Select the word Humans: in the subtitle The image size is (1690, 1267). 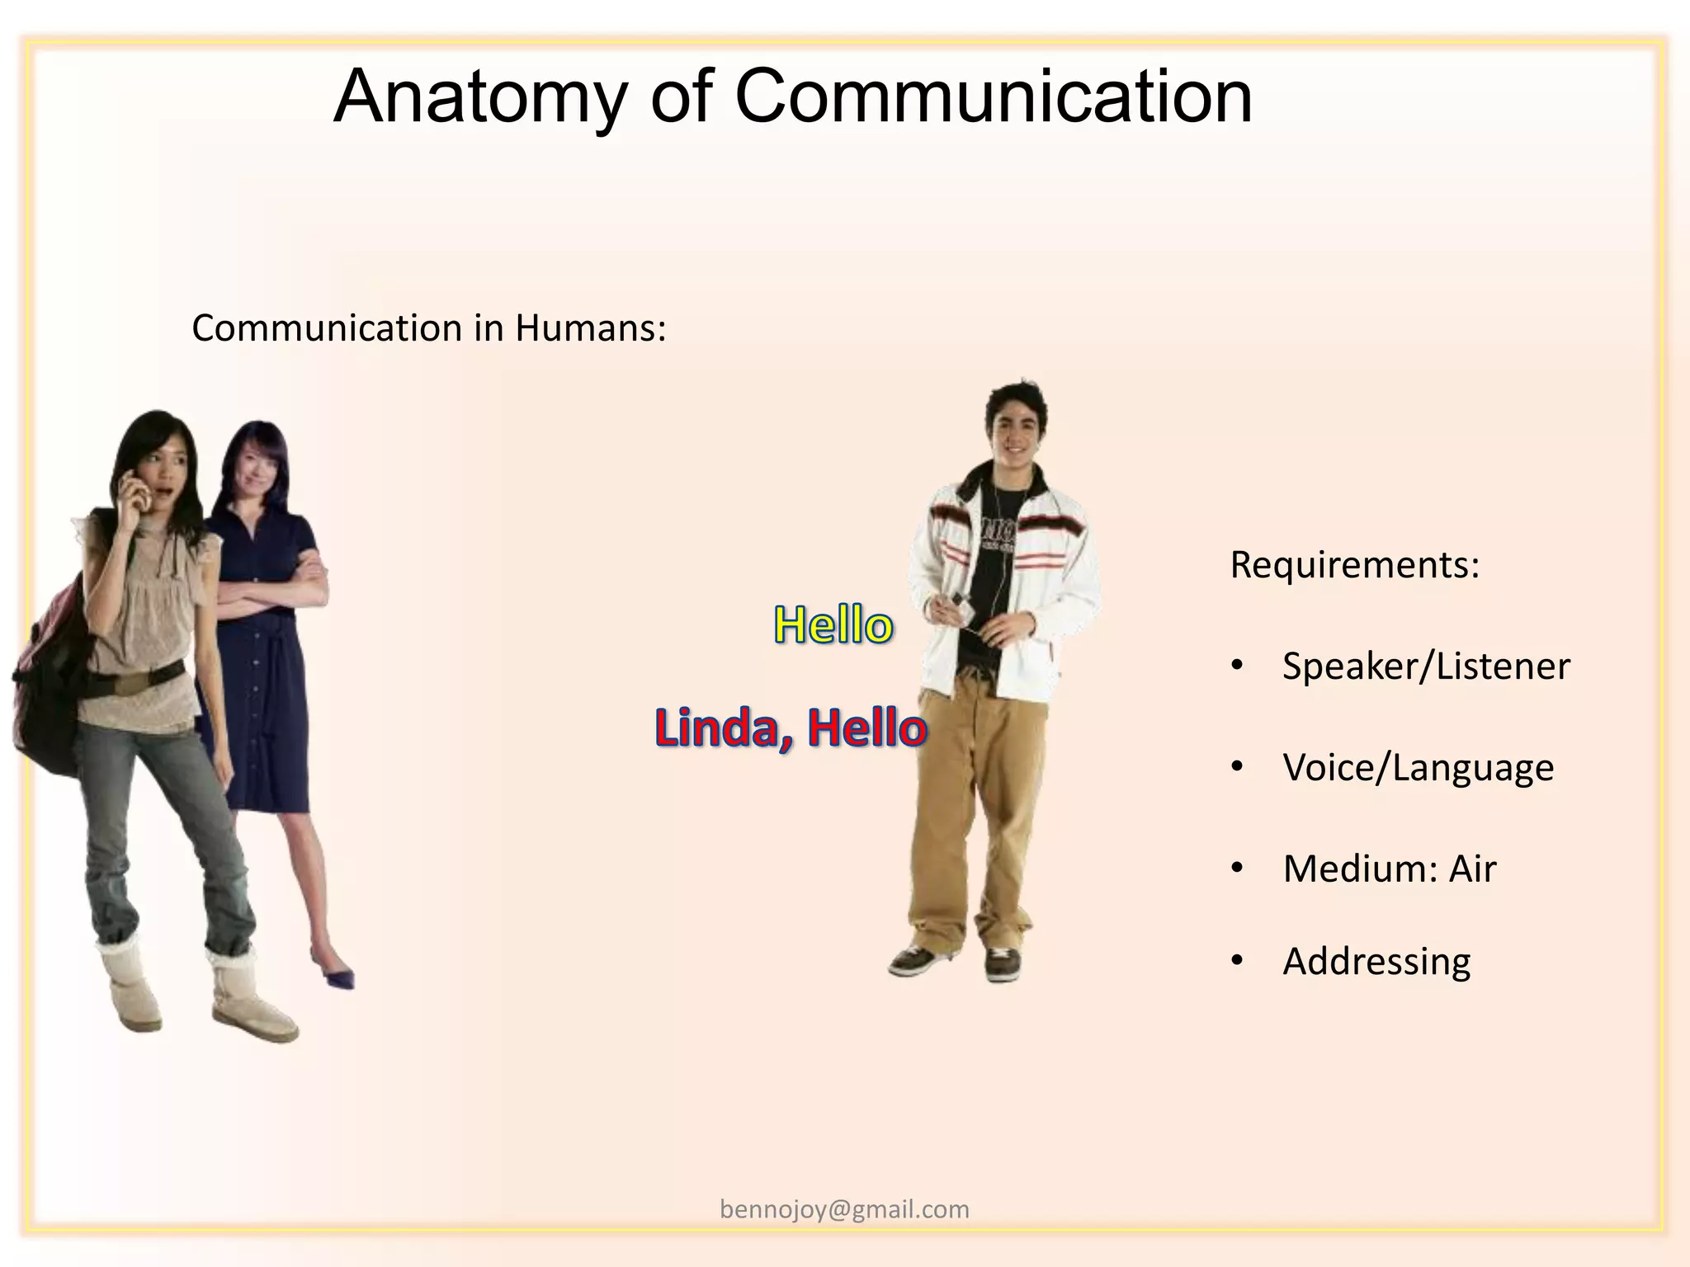coord(590,328)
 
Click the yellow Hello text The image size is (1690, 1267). coord(833,624)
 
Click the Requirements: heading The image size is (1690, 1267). coord(1354,565)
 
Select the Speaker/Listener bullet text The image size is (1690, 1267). coord(1425,666)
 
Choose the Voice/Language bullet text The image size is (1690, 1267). coord(1418,768)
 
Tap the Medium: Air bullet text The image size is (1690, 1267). coord(1389,869)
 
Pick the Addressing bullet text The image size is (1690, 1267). coord(1376,962)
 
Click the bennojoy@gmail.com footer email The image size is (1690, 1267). coord(844,1209)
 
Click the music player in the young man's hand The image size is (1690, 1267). coord(957,602)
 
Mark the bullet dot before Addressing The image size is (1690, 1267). coord(1236,961)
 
